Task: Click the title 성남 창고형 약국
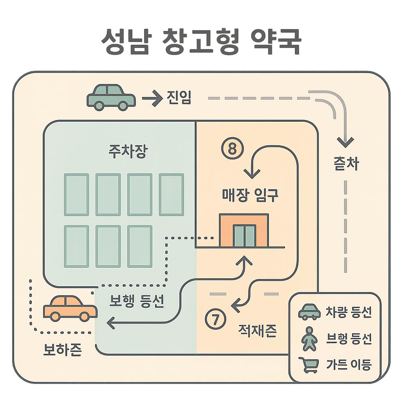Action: [201, 41]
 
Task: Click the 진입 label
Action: [178, 98]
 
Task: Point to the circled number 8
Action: [232, 149]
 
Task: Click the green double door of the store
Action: [244, 236]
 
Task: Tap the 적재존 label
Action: [258, 331]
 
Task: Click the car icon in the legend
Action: [310, 312]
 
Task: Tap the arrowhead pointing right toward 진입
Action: [156, 98]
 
